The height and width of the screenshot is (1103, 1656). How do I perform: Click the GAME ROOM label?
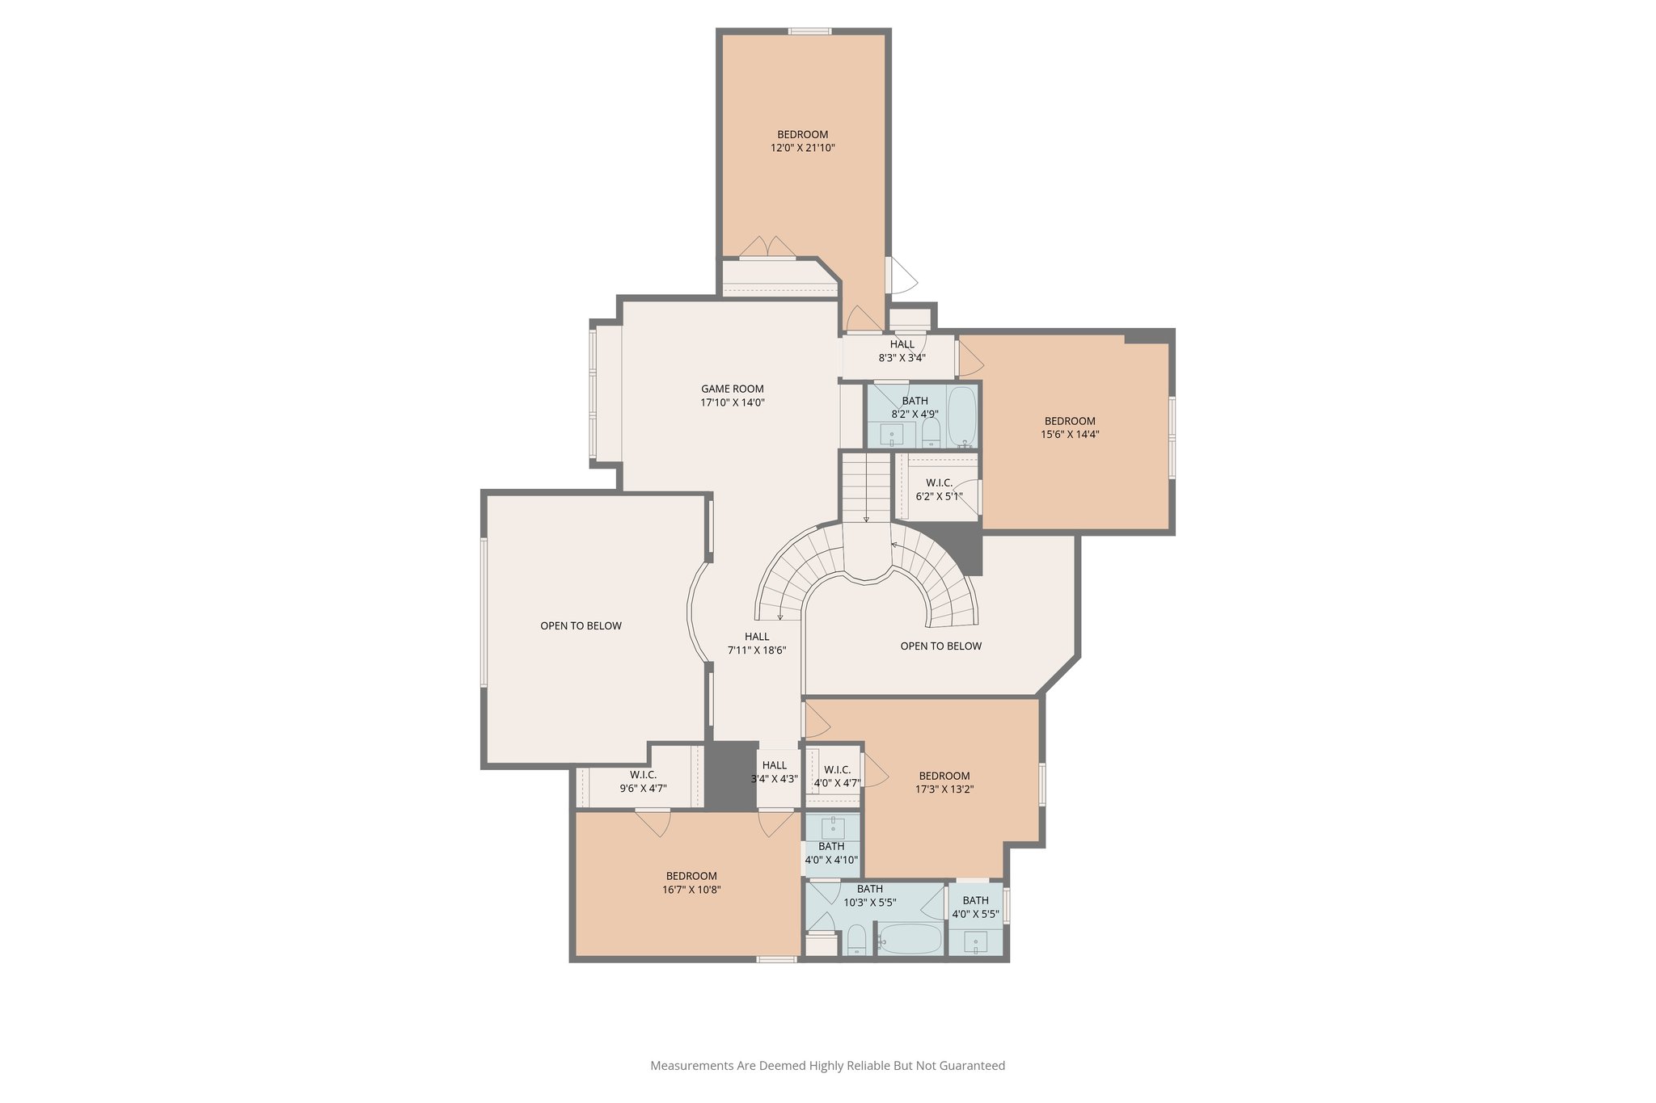click(732, 389)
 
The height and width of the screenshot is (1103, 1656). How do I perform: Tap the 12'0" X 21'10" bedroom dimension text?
click(802, 148)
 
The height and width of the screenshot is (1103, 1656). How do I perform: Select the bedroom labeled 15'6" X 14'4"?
click(1070, 427)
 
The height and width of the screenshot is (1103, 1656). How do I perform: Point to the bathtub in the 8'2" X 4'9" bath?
click(962, 415)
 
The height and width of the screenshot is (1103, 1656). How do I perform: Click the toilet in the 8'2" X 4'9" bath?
click(931, 432)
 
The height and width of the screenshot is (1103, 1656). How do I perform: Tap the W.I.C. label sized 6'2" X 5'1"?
click(939, 489)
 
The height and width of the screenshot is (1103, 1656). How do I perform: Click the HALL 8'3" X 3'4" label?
click(902, 351)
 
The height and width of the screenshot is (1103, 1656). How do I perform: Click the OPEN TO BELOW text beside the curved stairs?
click(940, 646)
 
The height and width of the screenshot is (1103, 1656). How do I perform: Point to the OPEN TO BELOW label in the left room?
click(581, 625)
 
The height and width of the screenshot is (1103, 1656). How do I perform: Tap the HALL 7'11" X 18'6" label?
click(757, 643)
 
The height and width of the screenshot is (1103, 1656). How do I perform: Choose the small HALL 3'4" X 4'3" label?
click(774, 772)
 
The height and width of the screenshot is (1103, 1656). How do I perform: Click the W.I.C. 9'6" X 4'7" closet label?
click(643, 781)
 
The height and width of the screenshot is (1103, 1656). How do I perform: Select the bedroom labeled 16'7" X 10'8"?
click(691, 882)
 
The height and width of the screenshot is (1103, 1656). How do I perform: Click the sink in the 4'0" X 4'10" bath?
click(833, 828)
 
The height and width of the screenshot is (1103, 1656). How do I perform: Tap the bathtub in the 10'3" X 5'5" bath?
click(910, 939)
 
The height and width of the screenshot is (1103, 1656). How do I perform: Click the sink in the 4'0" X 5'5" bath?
click(976, 941)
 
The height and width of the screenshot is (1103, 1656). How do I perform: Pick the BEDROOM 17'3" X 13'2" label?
click(944, 782)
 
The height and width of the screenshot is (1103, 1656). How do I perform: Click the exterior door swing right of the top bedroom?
click(902, 276)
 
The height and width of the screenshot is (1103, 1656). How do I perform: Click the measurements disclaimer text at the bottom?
click(827, 1066)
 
